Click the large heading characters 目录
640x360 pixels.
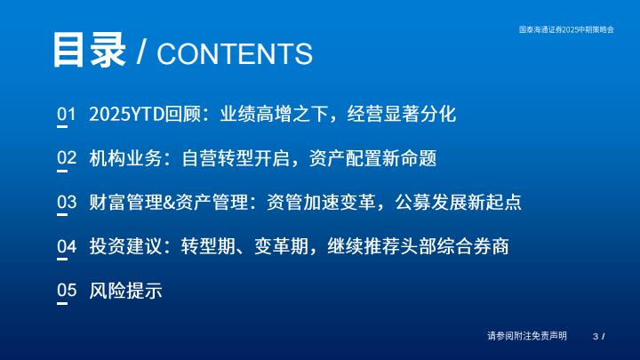pos(89,50)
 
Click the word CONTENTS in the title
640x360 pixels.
pos(235,53)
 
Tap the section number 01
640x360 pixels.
pos(67,114)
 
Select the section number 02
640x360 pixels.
pos(67,157)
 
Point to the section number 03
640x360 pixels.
pos(67,202)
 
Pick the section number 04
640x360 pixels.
pos(67,246)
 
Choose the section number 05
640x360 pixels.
pos(67,290)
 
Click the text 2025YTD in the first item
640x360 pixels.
pos(127,114)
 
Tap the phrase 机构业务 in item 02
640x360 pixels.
pos(125,158)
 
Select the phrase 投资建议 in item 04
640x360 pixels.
pos(125,246)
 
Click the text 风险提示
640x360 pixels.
pos(125,291)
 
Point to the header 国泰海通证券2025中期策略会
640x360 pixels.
pos(566,29)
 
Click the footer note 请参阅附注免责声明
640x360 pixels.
pos(527,336)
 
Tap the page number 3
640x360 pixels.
pos(596,336)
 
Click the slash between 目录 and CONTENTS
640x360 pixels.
pos(141,52)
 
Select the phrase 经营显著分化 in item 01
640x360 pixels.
pos(402,114)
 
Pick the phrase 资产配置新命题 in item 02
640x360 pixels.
pos(372,158)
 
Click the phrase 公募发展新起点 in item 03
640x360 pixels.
pos(458,202)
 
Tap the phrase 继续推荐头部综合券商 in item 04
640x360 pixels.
pos(418,246)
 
